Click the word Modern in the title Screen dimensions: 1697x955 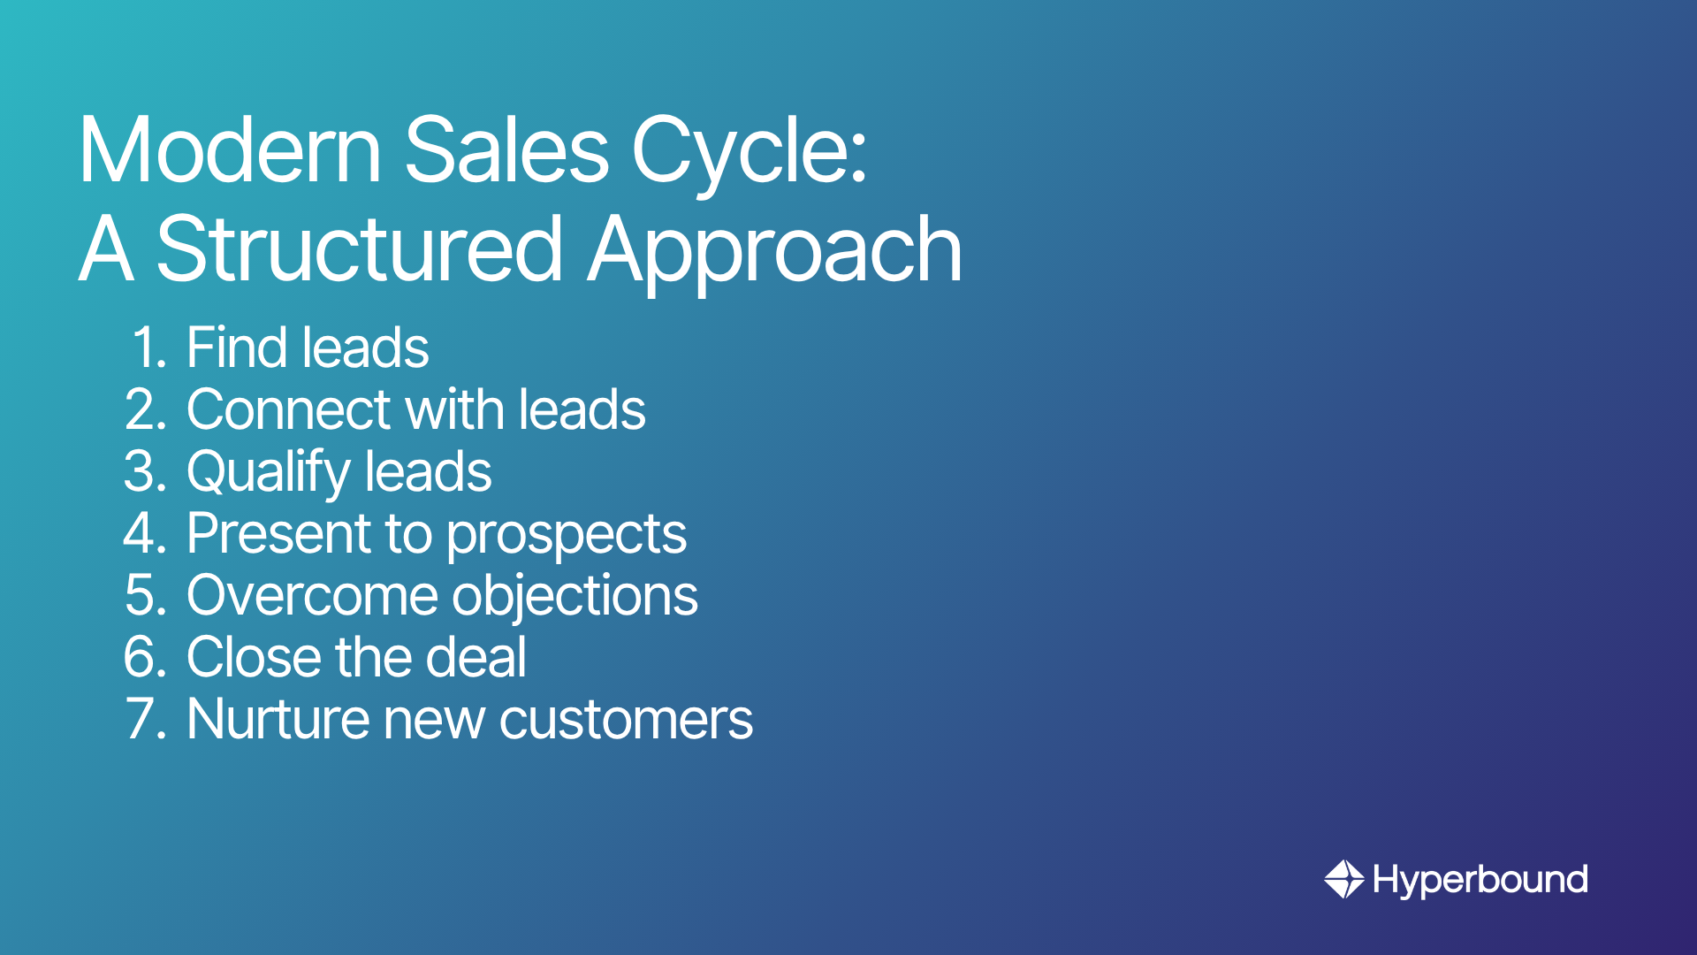[x=231, y=149]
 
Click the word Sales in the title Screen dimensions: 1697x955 [x=506, y=149]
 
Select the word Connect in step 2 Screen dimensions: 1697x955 [x=289, y=409]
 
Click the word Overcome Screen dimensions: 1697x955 [x=309, y=595]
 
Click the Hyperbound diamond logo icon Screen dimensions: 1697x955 [x=1344, y=879]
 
